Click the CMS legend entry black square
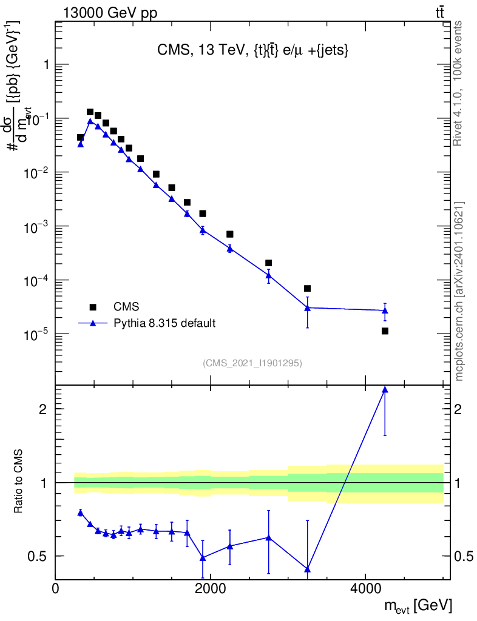click(93, 307)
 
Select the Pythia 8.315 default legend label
click(164, 323)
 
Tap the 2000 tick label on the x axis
click(210, 588)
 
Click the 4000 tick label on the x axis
click(365, 588)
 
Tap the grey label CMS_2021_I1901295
click(252, 363)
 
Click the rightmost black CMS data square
click(385, 331)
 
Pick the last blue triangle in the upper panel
click(385, 310)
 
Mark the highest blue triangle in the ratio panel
click(385, 389)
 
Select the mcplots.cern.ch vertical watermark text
click(459, 291)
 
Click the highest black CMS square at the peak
click(90, 112)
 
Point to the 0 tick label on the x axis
click(56, 588)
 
